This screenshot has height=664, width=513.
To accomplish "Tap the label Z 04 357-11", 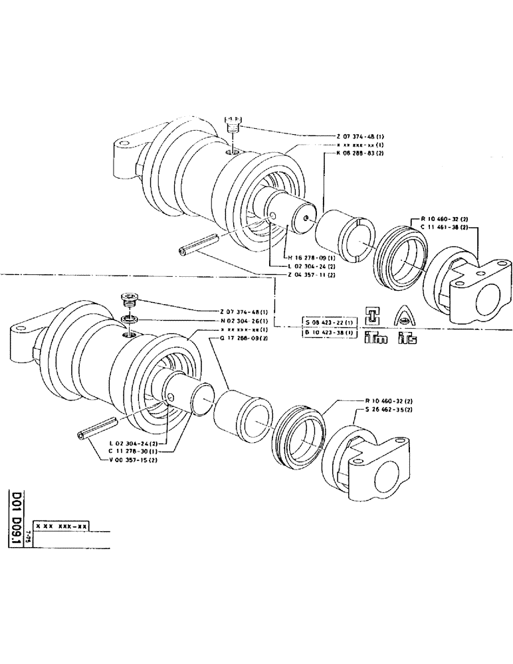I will [x=312, y=275].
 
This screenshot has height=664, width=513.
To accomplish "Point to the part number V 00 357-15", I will [x=132, y=459].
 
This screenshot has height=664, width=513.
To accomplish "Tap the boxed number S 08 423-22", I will [x=329, y=322].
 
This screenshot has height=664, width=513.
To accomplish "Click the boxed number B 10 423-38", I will [x=329, y=332].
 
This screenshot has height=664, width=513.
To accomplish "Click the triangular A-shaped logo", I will [x=405, y=315].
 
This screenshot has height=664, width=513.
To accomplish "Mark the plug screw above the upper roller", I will [x=232, y=125].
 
